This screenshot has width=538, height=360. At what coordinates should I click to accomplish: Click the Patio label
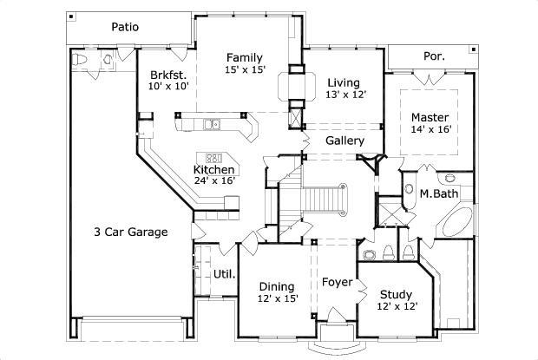click(126, 26)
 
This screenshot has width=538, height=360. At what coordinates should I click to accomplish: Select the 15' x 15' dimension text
click(244, 69)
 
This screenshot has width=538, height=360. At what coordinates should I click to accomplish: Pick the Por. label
click(434, 56)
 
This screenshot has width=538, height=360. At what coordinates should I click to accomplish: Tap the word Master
click(430, 116)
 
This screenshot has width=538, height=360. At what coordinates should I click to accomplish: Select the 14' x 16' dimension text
click(430, 129)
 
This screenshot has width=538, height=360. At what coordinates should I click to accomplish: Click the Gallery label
click(344, 141)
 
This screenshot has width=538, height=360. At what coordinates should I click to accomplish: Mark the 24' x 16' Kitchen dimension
click(214, 182)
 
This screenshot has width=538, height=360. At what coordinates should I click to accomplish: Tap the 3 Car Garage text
click(131, 232)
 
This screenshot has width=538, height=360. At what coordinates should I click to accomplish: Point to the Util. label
click(223, 274)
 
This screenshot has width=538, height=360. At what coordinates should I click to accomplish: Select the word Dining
click(277, 286)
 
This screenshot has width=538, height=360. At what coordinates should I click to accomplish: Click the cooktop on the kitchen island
click(214, 158)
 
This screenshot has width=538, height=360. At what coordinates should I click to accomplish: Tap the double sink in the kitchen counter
click(213, 125)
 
